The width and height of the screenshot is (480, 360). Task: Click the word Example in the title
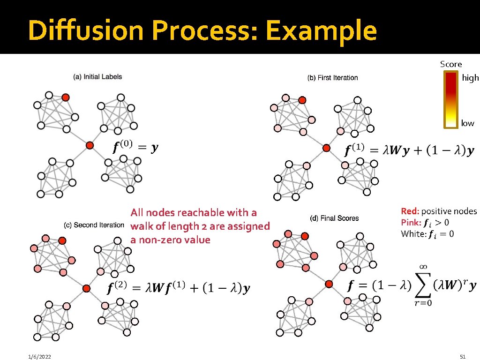point(321,30)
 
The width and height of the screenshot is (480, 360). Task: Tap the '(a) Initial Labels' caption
point(97,77)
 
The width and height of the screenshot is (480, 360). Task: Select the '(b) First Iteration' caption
point(332,78)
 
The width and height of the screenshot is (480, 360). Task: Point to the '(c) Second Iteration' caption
point(94,225)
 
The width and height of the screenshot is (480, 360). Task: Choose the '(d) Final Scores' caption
point(334,218)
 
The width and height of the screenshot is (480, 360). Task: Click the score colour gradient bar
point(451,99)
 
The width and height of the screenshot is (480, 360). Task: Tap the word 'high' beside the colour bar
point(470,78)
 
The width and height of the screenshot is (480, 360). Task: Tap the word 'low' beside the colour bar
point(467,123)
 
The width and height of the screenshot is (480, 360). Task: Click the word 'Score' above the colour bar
point(451,64)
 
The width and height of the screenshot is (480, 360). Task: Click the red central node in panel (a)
point(90,145)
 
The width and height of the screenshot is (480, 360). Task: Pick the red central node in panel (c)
point(86,288)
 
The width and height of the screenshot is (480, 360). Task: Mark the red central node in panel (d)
point(329,284)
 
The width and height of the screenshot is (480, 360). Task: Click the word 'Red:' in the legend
point(410,211)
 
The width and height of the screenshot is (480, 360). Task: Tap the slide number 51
point(464,357)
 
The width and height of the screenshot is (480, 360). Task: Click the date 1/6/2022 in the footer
point(39,357)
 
